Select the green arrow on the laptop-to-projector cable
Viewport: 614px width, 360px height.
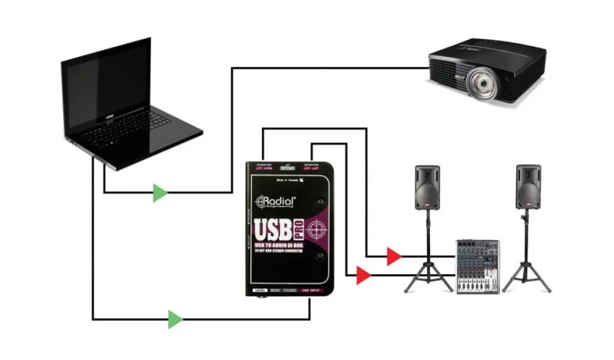[159, 193]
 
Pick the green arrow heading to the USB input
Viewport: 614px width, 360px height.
[174, 319]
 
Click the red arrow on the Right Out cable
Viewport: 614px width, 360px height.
[393, 256]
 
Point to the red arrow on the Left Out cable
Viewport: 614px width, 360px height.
[363, 275]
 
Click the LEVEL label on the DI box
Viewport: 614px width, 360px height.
[260, 290]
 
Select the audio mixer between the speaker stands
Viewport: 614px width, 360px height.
[477, 266]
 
